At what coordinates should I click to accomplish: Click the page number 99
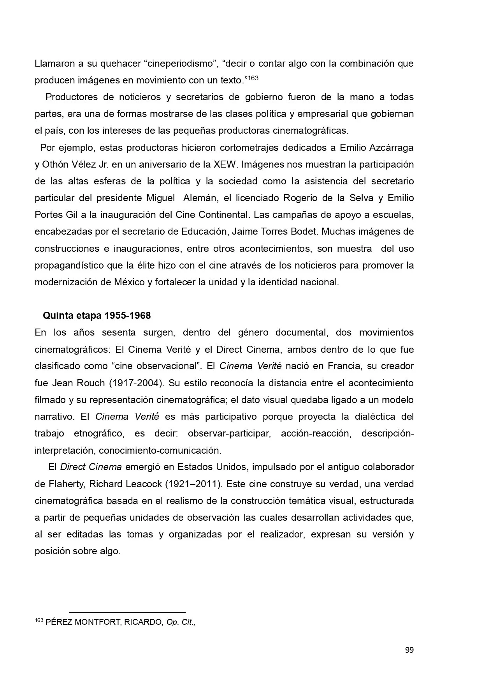click(409, 650)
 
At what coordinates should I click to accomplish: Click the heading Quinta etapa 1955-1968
click(97, 315)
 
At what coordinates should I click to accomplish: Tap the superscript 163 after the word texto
click(253, 78)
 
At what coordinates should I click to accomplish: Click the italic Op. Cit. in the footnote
click(181, 622)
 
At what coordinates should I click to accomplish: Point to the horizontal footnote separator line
click(127, 612)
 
